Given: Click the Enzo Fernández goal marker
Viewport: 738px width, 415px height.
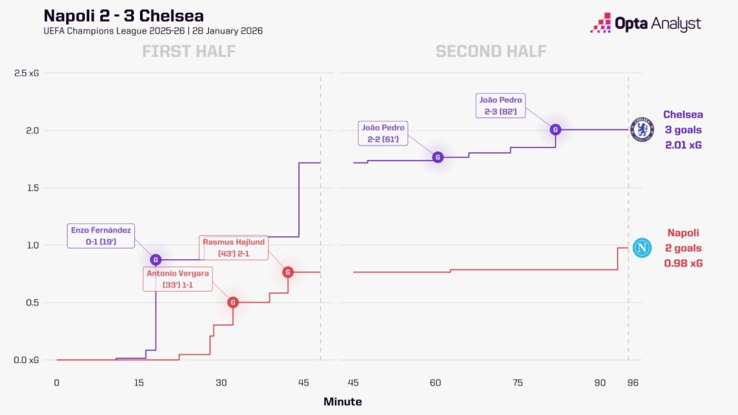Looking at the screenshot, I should click(156, 259).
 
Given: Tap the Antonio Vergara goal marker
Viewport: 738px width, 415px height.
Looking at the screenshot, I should click(233, 303).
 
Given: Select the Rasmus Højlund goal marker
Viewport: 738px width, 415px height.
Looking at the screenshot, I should click(288, 272).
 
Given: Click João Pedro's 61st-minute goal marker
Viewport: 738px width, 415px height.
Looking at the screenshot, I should click(437, 157).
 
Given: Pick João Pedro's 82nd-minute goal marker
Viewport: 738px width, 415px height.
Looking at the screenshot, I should click(555, 130).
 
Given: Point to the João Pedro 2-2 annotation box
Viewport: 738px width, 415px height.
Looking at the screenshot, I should click(383, 133).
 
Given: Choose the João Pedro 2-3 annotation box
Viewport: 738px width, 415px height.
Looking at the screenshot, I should click(501, 105).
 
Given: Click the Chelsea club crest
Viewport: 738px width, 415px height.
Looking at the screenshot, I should click(641, 130).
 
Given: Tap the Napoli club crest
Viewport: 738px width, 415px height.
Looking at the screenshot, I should click(641, 248).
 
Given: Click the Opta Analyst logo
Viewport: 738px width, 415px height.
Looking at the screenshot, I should click(645, 23).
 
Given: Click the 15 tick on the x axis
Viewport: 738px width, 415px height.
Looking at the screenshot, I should click(139, 383).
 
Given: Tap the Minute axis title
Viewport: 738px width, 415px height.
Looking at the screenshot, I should click(342, 401).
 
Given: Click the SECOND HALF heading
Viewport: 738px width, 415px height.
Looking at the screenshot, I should click(491, 51).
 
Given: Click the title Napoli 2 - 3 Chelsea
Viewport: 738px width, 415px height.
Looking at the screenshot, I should click(124, 16).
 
